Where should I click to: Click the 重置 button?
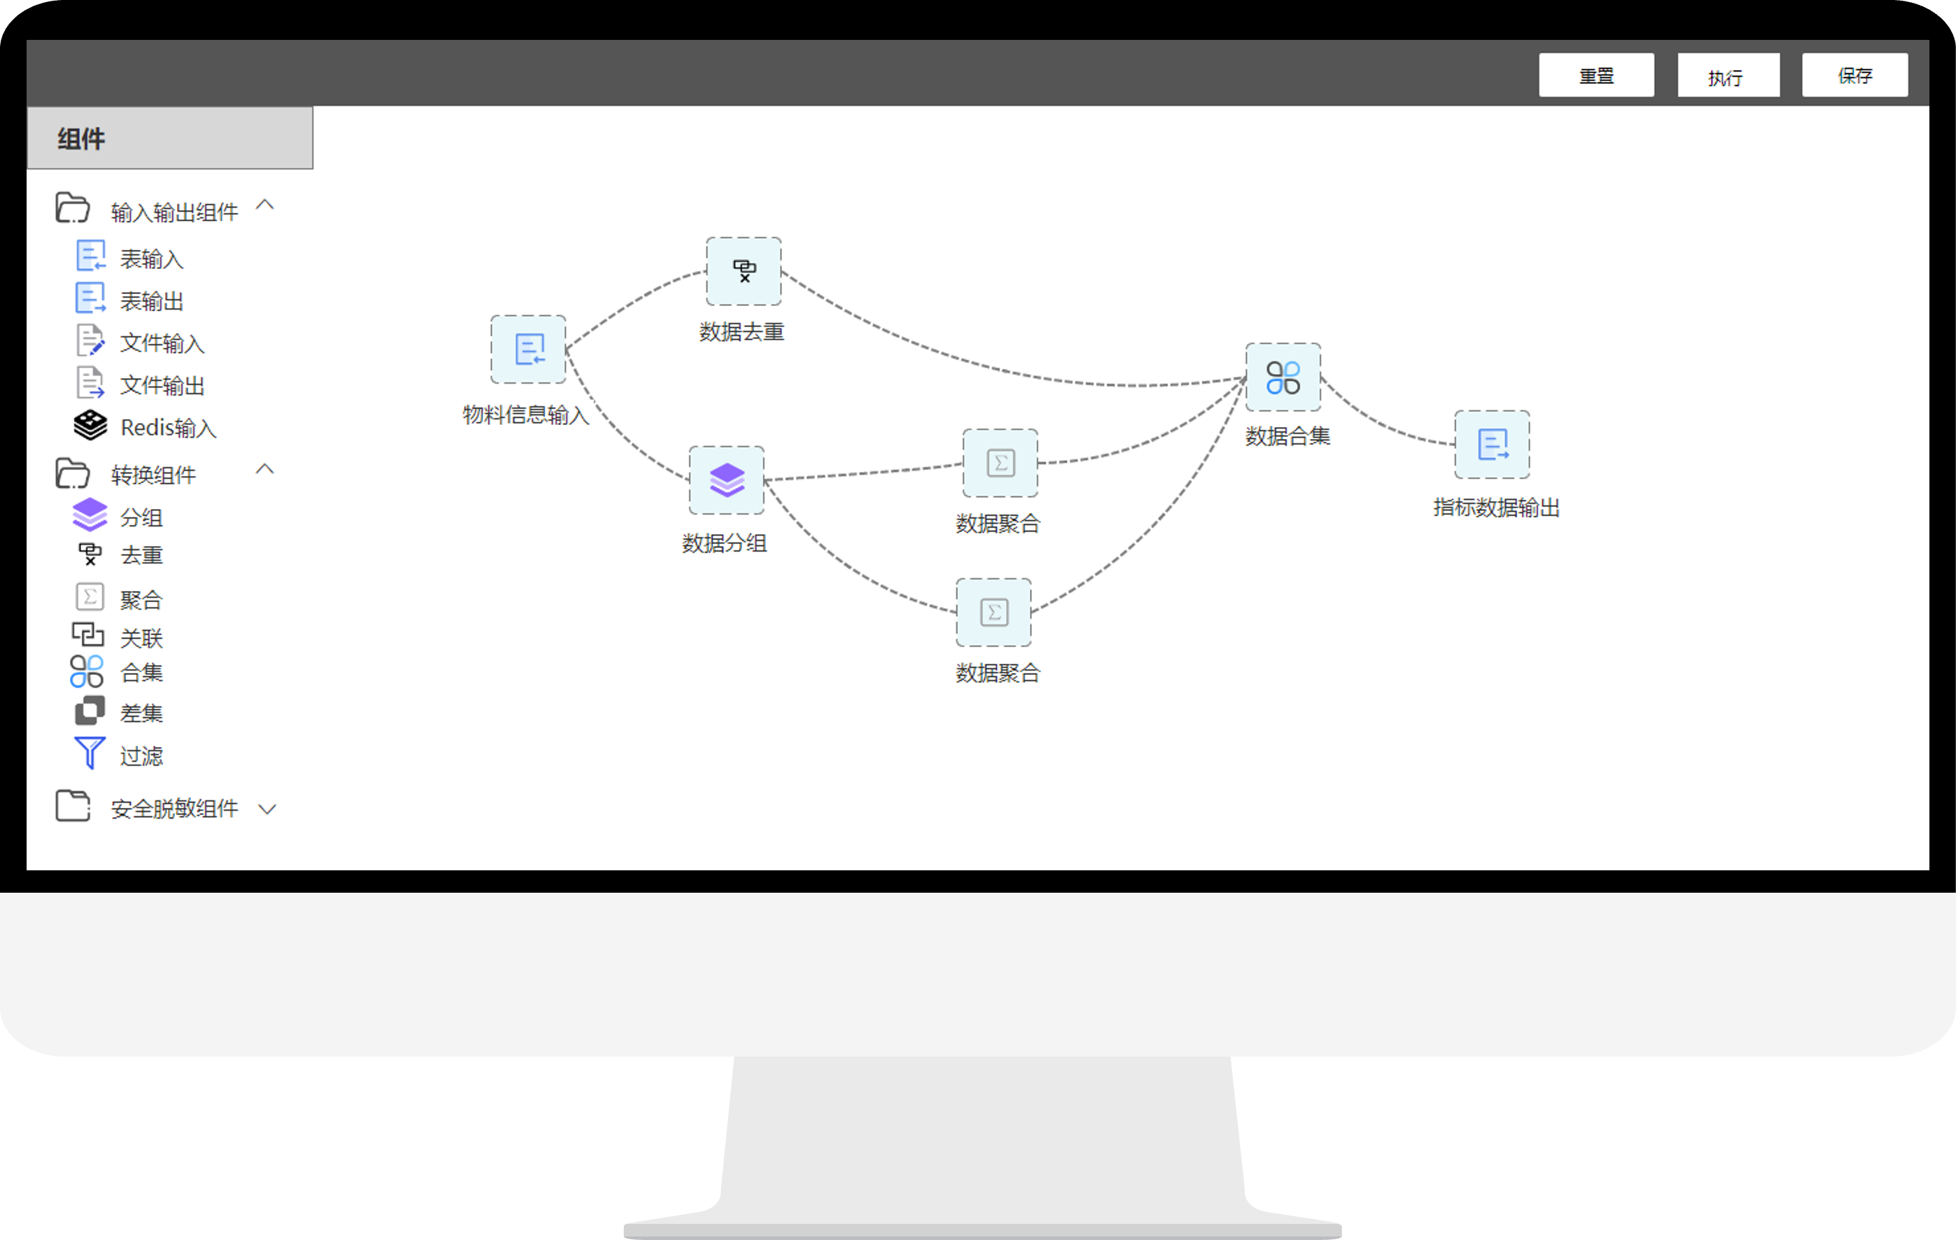click(x=1595, y=76)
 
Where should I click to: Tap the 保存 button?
click(x=1854, y=76)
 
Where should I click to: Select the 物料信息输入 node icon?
click(x=528, y=349)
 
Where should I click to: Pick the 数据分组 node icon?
click(x=726, y=480)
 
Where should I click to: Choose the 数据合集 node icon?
click(x=1283, y=377)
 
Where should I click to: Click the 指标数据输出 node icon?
click(x=1491, y=445)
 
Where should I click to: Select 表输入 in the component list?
click(x=151, y=258)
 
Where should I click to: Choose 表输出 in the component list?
click(x=151, y=300)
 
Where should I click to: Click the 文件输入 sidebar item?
click(x=162, y=343)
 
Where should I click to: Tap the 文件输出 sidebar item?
click(x=162, y=385)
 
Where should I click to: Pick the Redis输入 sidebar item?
click(x=167, y=427)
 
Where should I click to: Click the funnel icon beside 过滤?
click(x=90, y=753)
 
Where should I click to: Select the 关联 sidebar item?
click(x=141, y=637)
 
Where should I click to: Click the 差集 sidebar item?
click(x=141, y=713)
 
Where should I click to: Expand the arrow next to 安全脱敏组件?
click(x=267, y=809)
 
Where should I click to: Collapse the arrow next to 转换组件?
click(x=265, y=470)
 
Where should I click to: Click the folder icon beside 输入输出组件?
click(x=72, y=208)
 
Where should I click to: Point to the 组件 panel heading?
click(x=81, y=139)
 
